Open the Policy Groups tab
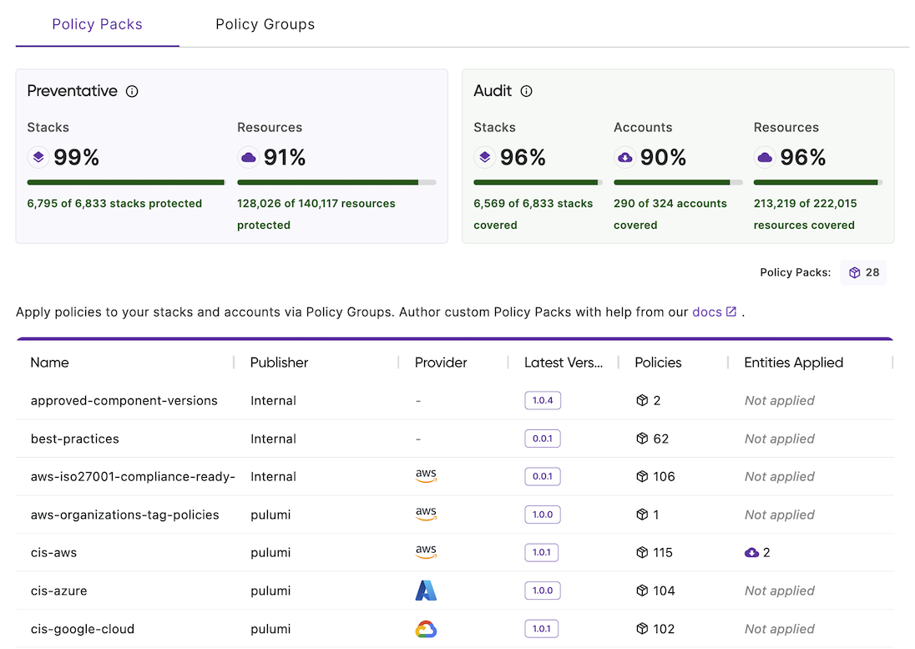(265, 24)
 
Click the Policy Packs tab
(97, 24)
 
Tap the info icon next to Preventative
(132, 91)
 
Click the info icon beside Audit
(526, 91)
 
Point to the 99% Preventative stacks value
(76, 157)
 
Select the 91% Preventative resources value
(284, 157)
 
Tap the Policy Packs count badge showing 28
(864, 272)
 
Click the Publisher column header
(279, 363)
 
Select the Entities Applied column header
(793, 363)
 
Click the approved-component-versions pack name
(124, 401)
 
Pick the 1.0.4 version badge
(543, 400)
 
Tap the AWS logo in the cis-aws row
(426, 552)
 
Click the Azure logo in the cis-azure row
(426, 591)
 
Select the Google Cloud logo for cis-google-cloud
(426, 629)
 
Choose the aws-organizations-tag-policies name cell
(124, 515)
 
